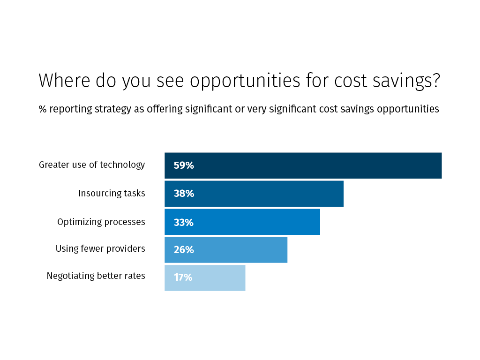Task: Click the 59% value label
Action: (184, 165)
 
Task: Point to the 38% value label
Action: (184, 194)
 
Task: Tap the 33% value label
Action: (184, 222)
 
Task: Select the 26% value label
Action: (184, 250)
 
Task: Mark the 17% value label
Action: (183, 277)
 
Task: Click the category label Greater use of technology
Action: (92, 165)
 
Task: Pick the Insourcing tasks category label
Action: (112, 193)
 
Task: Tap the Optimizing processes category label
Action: (101, 222)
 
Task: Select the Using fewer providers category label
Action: (100, 248)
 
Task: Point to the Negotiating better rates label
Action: (96, 276)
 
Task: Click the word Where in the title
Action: (64, 81)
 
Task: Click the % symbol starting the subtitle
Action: (43, 109)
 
